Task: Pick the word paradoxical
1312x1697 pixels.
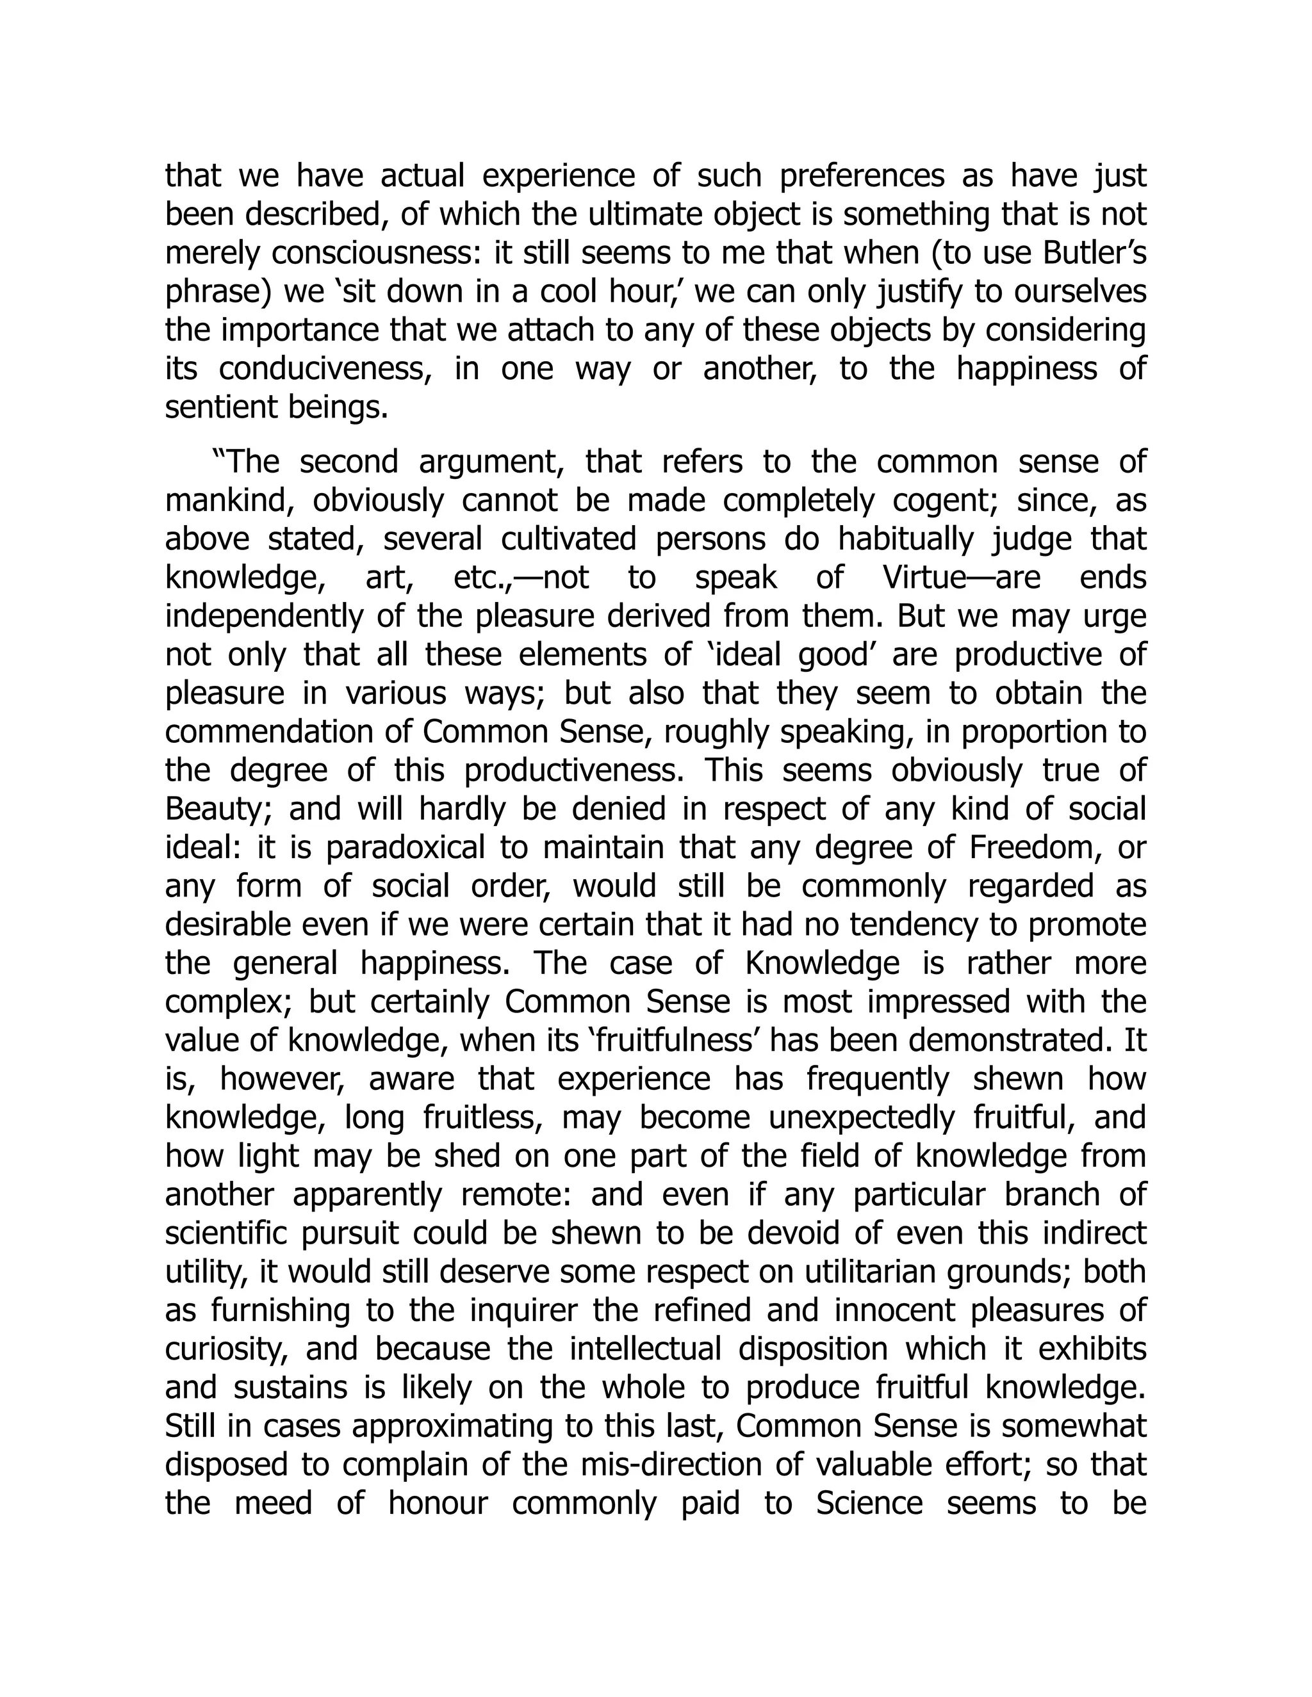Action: pyautogui.click(x=404, y=848)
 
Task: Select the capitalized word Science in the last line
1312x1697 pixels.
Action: pyautogui.click(x=869, y=1504)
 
